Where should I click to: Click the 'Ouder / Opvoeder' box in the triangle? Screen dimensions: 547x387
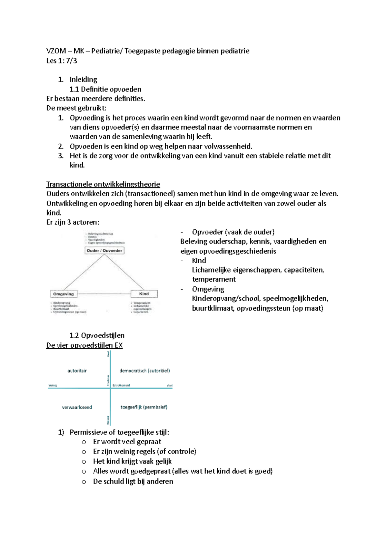[104, 251]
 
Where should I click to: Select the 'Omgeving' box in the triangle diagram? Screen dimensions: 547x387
[64, 294]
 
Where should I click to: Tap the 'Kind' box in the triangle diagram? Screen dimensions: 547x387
[144, 294]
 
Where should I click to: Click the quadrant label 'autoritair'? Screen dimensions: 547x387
[77, 371]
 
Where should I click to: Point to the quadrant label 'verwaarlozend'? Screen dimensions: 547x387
[77, 407]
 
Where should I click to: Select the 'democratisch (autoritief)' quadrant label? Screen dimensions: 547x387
[144, 371]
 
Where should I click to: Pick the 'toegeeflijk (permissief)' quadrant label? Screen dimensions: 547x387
[144, 407]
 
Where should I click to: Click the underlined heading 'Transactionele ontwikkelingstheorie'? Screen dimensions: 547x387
[103, 184]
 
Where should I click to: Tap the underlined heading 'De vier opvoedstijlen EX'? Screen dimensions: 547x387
[84, 345]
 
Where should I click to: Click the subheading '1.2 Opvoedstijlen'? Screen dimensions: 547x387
[97, 335]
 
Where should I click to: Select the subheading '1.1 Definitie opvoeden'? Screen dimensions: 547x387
[105, 89]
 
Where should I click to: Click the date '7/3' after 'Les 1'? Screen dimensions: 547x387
[72, 61]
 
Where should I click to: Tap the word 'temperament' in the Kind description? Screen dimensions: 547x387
[214, 279]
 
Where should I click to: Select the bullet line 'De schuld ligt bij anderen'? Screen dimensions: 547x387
[133, 481]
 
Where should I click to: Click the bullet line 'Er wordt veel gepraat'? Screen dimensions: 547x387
[127, 442]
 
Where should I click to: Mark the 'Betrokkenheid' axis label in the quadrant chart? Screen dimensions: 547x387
[121, 385]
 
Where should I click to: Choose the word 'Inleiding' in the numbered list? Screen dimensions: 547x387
[83, 80]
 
